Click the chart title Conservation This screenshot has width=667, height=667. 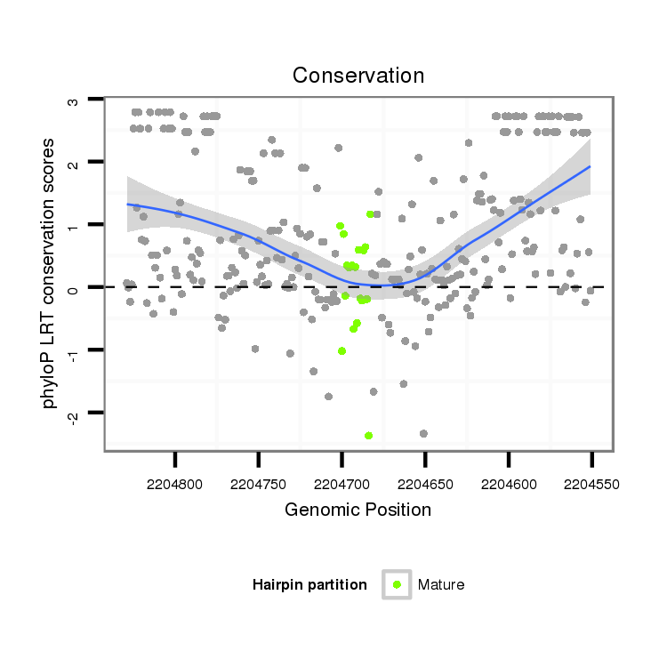click(x=358, y=76)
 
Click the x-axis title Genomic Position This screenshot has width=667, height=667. click(x=358, y=510)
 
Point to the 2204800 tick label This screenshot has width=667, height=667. click(x=175, y=485)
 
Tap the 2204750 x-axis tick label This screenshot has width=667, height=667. click(x=258, y=485)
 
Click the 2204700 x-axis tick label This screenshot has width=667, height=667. click(x=342, y=485)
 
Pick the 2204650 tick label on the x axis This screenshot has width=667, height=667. click(x=425, y=485)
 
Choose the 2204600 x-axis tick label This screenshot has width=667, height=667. click(x=509, y=485)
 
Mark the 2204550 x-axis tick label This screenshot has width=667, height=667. click(x=591, y=485)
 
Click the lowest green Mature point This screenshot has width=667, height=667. click(x=368, y=435)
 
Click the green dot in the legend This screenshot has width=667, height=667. click(x=396, y=584)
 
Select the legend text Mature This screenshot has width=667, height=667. click(x=441, y=584)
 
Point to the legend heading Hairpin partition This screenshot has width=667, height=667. click(x=309, y=584)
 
